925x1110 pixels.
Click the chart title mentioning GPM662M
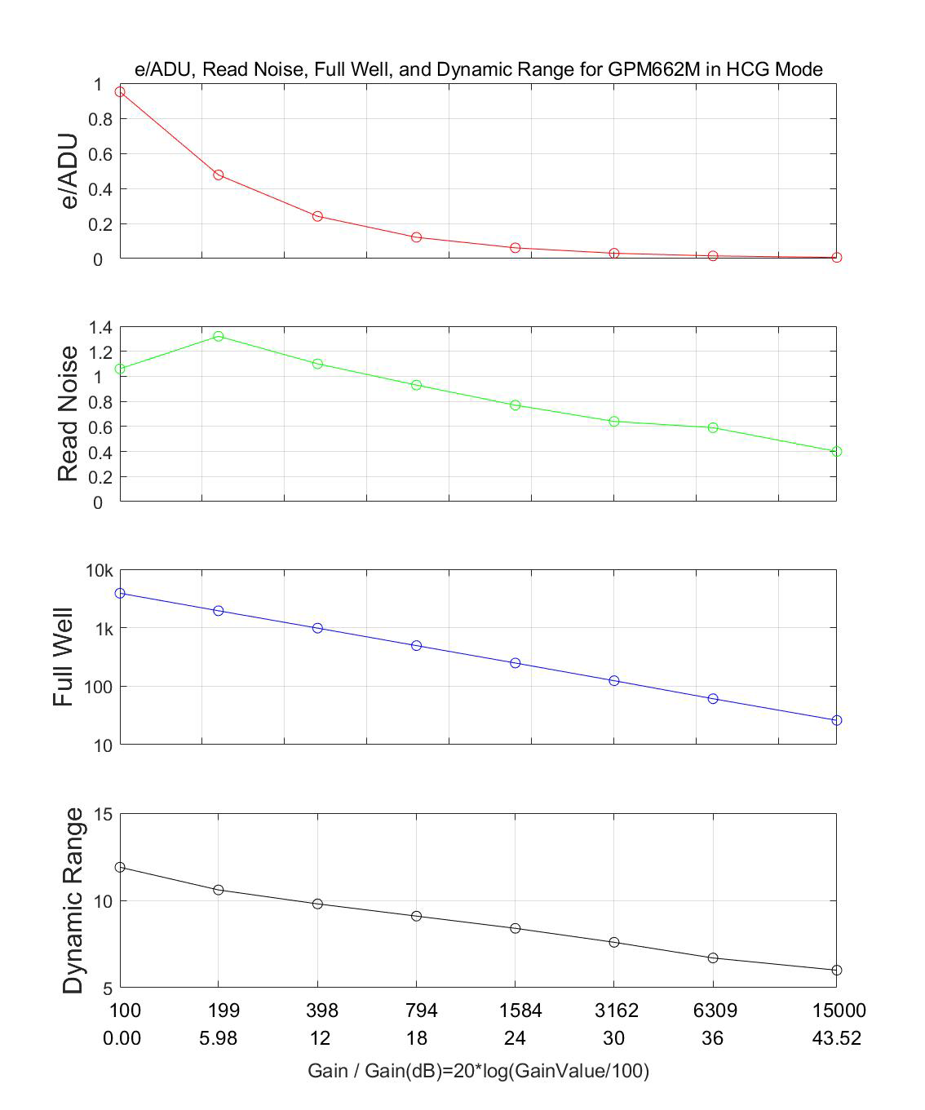coord(478,69)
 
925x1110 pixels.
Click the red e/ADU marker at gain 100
coord(120,91)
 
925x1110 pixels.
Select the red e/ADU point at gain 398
coord(317,216)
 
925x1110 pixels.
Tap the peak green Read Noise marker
coord(219,336)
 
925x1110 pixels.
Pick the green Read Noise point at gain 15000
coord(836,451)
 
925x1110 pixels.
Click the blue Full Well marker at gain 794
coord(416,645)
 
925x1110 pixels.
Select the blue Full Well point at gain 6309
coord(713,699)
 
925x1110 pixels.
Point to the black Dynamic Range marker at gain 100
coord(120,867)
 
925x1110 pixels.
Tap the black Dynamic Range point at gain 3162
coord(614,942)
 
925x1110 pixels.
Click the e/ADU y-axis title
coord(69,171)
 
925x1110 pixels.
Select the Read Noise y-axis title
coord(68,414)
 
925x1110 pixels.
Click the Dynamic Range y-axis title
coord(73,900)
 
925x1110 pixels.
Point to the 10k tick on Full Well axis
coord(100,571)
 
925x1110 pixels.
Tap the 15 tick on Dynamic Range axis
coord(104,814)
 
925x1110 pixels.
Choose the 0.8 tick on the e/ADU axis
coord(98,119)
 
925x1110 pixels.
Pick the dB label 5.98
coord(218,1038)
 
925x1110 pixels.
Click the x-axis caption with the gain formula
coord(478,1071)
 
